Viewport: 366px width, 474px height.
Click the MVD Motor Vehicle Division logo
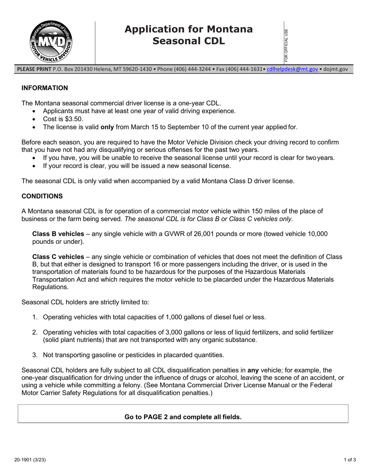(x=51, y=42)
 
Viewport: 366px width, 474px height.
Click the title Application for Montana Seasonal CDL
(x=188, y=35)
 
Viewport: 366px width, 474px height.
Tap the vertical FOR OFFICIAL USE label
(x=286, y=45)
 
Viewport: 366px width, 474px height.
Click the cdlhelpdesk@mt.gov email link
(x=292, y=69)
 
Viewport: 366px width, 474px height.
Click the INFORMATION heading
(x=45, y=88)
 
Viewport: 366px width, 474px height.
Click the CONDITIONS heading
(x=42, y=196)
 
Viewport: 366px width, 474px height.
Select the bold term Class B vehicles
(x=58, y=234)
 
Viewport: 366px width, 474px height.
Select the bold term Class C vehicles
(x=58, y=257)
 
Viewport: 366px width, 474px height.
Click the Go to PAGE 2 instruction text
(x=183, y=417)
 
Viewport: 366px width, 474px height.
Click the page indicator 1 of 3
(x=350, y=460)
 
